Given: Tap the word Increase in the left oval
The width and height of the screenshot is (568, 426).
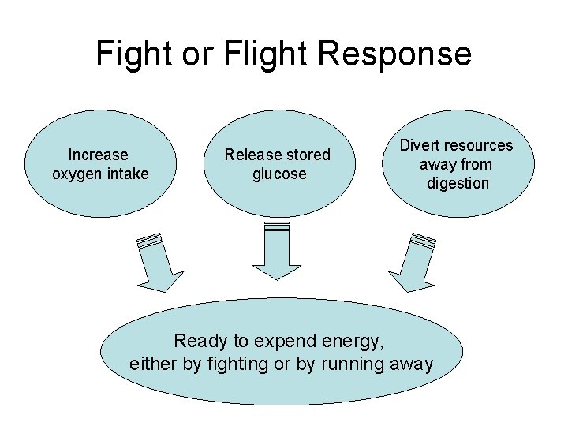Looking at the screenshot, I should (x=98, y=155).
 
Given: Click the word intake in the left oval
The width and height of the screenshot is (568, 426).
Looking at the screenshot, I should (x=127, y=174).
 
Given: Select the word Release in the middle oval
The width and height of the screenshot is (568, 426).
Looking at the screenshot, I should (x=250, y=155).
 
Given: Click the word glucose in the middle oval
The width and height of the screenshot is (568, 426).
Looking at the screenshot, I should (x=278, y=174).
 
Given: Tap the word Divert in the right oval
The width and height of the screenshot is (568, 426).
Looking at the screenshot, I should (x=420, y=145).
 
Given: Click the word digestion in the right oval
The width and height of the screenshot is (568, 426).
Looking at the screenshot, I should (x=458, y=183).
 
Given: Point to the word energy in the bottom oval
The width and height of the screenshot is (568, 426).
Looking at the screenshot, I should (x=353, y=341).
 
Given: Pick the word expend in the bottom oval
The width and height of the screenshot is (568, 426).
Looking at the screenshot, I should (x=282, y=341).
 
